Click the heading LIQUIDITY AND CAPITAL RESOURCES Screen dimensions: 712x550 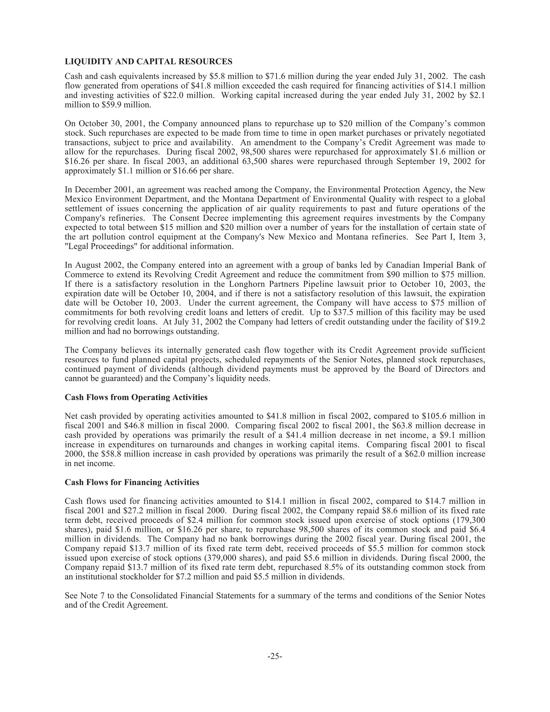pos(149,62)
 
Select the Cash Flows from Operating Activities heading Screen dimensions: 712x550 pos(136,397)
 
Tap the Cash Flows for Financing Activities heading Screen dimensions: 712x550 pos(132,482)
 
